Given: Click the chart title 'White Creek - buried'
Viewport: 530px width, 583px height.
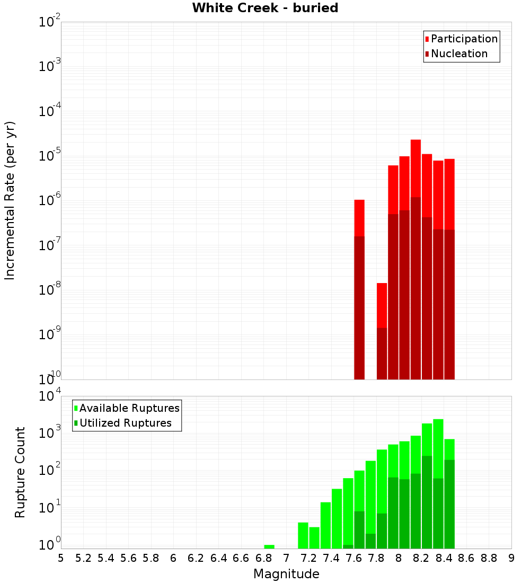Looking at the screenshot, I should point(265,8).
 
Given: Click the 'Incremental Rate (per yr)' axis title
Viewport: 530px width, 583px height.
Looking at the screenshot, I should point(10,201).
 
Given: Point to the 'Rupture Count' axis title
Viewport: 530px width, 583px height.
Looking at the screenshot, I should point(20,472).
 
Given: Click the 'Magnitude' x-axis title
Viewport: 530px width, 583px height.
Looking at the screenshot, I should point(286,574).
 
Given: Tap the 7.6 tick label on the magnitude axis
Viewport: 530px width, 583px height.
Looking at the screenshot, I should point(354,558).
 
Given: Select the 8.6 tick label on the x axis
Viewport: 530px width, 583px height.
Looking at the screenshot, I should point(466,558).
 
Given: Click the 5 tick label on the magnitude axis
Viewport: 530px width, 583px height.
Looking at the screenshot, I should point(61,558).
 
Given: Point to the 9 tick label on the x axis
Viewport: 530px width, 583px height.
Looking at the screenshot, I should point(511,558).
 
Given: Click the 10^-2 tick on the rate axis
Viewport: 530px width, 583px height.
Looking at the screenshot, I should point(49,22).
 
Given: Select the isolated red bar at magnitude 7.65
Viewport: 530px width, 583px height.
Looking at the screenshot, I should point(359,217).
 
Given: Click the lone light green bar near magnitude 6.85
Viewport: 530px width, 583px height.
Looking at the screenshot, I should point(269,546).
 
